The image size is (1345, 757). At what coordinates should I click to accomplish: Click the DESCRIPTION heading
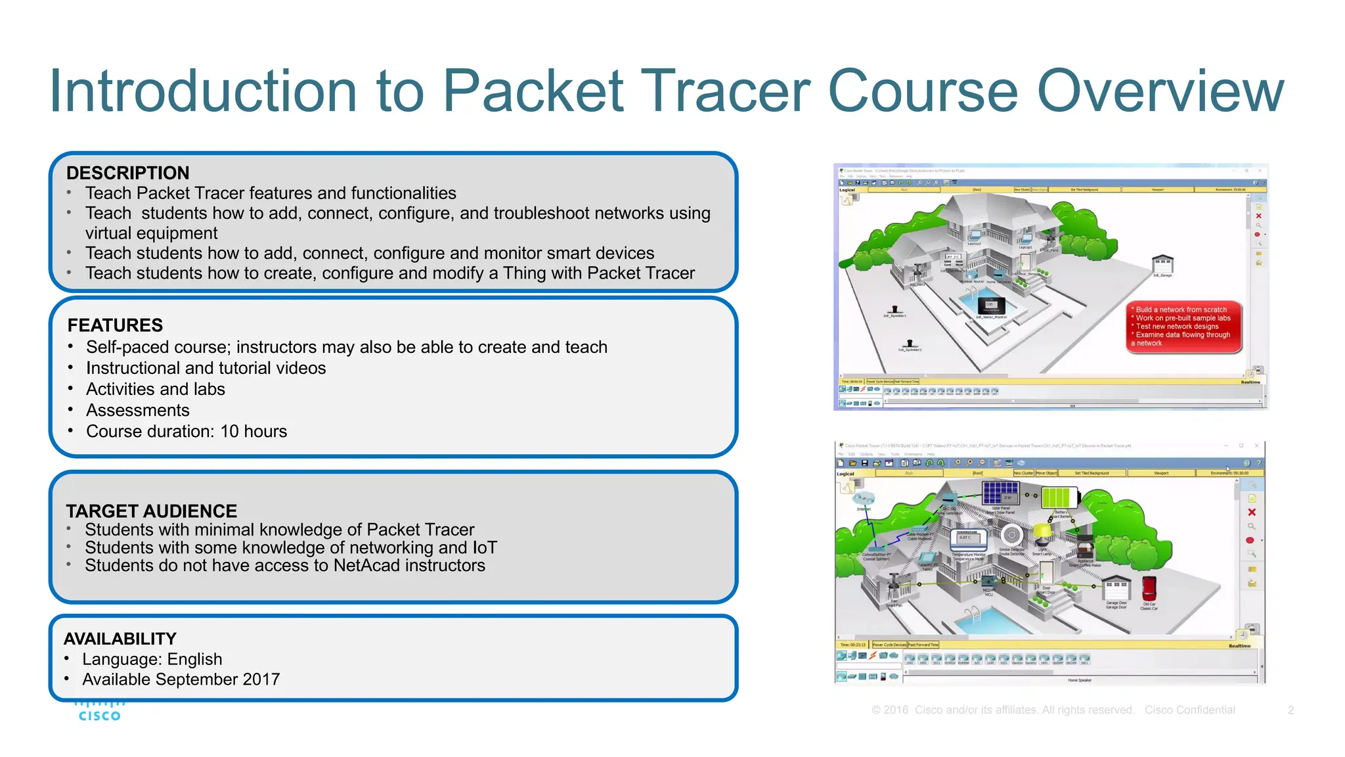pos(127,173)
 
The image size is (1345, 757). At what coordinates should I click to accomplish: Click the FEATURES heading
pos(115,325)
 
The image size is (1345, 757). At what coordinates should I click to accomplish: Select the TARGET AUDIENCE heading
pos(151,511)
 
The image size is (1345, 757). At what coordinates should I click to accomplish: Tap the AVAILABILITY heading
pos(120,639)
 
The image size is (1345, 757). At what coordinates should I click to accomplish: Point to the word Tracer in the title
pos(725,92)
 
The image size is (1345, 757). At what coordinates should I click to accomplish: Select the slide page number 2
pos(1290,710)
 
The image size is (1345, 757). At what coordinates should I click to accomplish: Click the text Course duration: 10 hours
pos(187,431)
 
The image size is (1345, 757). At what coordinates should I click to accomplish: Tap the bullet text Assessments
pos(138,410)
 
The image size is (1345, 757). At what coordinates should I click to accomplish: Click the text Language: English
pos(152,659)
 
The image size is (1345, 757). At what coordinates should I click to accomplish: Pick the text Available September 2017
pos(181,679)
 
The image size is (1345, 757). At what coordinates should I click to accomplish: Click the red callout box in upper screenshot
pos(1183,327)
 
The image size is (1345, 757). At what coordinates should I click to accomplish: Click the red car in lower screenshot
pos(1149,588)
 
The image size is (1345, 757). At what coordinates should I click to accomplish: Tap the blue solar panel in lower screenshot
pos(1000,492)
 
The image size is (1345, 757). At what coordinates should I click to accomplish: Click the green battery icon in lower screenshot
pos(1058,497)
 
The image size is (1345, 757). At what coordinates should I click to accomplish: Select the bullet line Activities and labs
pos(155,389)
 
